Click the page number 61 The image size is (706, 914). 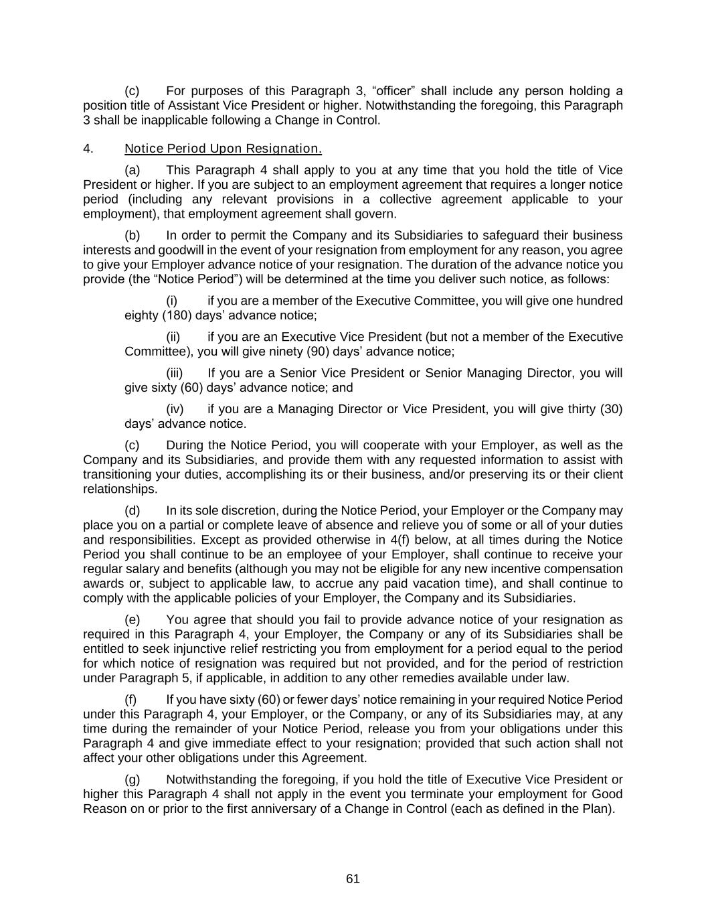353,879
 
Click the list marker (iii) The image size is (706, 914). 174,373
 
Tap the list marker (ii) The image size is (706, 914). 173,337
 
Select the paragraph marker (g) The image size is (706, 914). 133,779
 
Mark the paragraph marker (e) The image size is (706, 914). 133,619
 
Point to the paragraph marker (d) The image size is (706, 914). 133,511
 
